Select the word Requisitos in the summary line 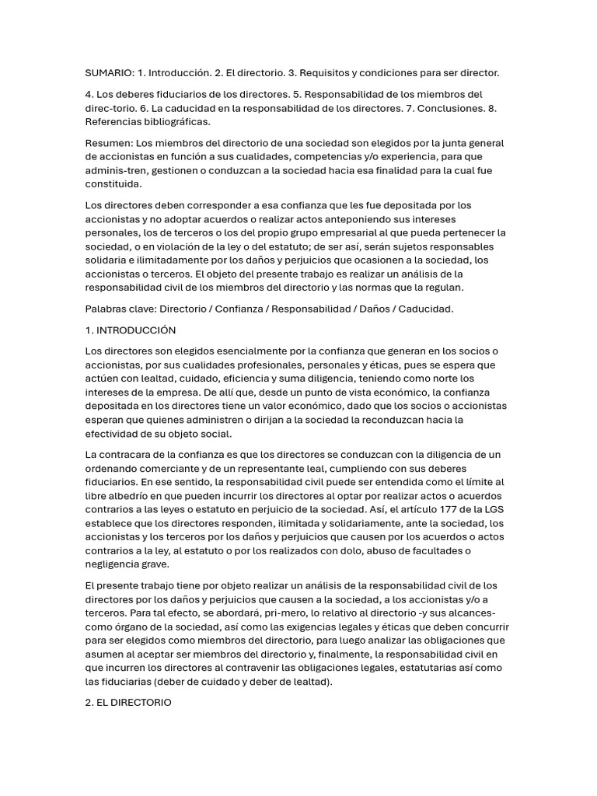coord(344,73)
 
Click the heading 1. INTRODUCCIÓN coord(131,330)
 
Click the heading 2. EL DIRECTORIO coord(128,703)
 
